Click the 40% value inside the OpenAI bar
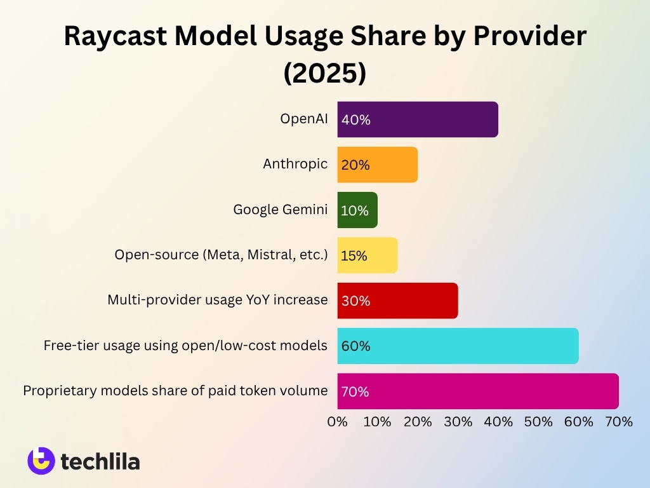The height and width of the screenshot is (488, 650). coord(355,119)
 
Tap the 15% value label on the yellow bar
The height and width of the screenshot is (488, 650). coord(354,256)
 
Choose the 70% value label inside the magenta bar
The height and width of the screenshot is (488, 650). coord(355,392)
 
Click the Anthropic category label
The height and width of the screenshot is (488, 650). coord(295,164)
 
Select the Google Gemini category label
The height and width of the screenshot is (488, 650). coord(281,209)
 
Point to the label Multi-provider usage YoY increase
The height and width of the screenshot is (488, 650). coord(218,299)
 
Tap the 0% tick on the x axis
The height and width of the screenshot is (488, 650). coord(337,421)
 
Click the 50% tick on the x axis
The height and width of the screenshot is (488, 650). coord(538,421)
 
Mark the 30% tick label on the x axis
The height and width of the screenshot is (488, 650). coord(458,421)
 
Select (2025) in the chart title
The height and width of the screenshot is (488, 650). coord(325,73)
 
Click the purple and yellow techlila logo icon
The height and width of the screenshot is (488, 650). coord(41,461)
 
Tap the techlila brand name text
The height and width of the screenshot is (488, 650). coord(100,461)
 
